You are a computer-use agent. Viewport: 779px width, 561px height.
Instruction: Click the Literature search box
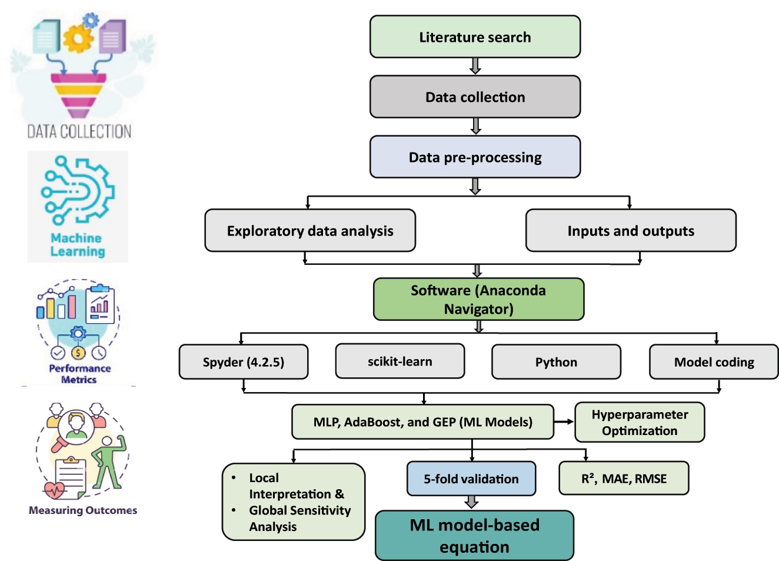tap(475, 37)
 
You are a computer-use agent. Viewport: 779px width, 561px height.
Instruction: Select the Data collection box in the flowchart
tap(475, 97)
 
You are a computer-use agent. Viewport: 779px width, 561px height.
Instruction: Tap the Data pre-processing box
tap(475, 157)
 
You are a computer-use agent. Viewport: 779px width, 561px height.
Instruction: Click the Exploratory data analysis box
tap(310, 231)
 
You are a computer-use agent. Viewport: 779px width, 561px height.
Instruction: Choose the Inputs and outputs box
tap(631, 231)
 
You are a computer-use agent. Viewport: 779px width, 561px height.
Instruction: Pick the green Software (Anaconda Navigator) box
tap(478, 299)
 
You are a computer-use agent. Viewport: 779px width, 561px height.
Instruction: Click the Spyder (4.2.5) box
tap(244, 362)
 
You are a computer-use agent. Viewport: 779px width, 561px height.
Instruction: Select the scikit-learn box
tap(400, 361)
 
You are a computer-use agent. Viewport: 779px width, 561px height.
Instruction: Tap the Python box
tap(556, 362)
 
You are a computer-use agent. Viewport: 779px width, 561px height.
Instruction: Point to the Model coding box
tap(714, 362)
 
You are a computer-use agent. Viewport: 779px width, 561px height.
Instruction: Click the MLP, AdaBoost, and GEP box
tap(422, 422)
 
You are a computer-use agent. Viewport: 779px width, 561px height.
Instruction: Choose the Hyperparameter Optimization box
tap(640, 422)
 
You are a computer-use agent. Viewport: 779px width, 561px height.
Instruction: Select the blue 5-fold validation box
tap(471, 479)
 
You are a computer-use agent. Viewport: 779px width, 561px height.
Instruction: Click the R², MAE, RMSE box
tap(624, 479)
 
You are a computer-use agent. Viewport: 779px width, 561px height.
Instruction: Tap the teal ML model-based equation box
tap(474, 536)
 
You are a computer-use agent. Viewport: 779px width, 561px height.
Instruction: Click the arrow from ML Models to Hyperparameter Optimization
tap(564, 421)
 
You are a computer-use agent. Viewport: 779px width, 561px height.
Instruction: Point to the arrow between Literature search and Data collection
tap(475, 66)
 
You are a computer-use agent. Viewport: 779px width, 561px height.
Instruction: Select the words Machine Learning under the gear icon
tap(77, 245)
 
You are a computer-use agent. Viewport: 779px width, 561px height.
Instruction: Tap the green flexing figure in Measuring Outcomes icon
tap(109, 462)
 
